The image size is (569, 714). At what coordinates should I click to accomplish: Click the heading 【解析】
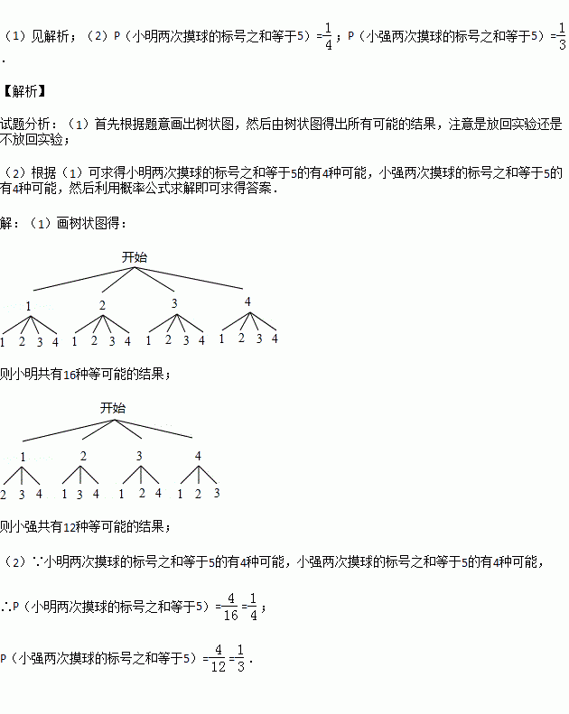(23, 91)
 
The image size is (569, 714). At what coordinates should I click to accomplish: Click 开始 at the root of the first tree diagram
(134, 257)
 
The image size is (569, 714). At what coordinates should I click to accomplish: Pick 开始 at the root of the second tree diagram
(113, 408)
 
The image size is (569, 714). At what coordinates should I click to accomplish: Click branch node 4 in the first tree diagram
(247, 301)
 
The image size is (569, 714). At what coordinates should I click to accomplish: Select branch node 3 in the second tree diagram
(139, 456)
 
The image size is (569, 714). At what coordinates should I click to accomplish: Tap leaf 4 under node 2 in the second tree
(97, 494)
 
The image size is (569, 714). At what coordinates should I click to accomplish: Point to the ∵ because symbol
(39, 561)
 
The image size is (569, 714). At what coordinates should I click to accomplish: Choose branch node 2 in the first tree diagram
(102, 304)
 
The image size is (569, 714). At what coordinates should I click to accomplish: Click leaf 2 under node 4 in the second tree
(197, 494)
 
